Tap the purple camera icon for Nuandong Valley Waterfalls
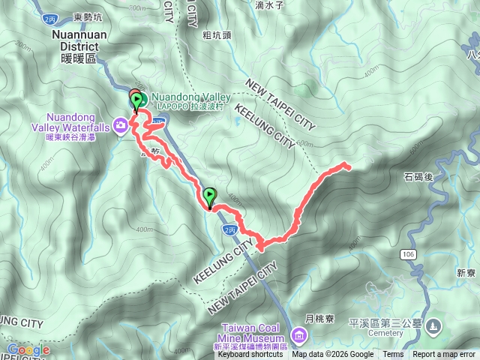[120, 124]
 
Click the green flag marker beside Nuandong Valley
[136, 100]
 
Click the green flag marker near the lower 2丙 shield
[209, 196]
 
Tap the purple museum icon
[300, 333]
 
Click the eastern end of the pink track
[347, 165]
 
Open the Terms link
[393, 355]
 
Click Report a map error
[445, 355]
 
